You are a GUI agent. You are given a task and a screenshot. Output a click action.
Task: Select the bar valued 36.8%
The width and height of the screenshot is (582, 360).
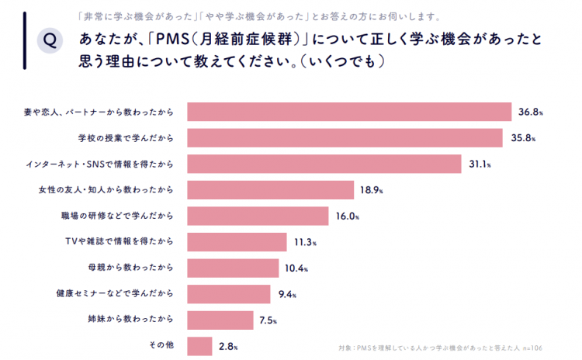(x=349, y=112)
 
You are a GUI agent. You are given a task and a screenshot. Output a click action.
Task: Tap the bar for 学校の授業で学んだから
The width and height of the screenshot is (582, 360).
(x=345, y=138)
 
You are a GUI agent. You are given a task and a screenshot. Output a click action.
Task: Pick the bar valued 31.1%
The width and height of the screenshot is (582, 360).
(x=326, y=164)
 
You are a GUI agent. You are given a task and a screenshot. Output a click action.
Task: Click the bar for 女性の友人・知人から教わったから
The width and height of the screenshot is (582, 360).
(x=272, y=190)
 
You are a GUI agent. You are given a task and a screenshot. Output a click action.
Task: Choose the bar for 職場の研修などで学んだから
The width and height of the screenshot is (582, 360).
(x=260, y=216)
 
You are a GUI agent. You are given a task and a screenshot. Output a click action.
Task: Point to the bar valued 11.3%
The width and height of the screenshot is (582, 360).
(x=237, y=242)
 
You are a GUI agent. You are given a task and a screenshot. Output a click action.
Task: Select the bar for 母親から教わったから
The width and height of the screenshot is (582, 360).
(x=233, y=268)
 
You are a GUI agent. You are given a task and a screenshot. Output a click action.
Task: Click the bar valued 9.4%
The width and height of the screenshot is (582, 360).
(x=229, y=294)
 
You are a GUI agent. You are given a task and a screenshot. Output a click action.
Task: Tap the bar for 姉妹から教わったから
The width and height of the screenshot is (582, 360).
(x=220, y=320)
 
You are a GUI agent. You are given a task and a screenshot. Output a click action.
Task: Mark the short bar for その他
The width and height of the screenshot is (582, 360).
(x=200, y=346)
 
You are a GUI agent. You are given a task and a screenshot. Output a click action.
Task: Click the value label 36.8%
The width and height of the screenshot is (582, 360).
(x=530, y=112)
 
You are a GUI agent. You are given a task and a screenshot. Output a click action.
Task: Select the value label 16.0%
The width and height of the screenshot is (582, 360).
(x=347, y=216)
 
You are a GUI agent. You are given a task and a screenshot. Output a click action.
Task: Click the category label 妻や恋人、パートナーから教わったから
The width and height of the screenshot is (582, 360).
(x=99, y=112)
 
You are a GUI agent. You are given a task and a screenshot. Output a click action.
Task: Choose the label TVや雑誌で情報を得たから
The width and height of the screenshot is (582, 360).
(x=126, y=242)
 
